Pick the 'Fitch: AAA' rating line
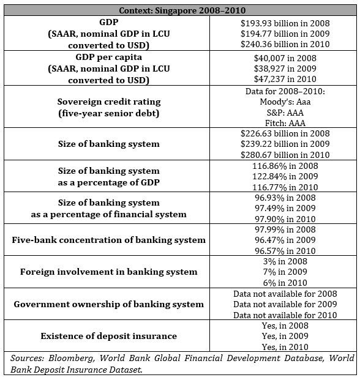click(x=285, y=122)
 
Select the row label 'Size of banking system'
click(x=108, y=144)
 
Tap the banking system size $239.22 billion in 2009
click(x=285, y=144)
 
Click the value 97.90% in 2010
click(x=285, y=218)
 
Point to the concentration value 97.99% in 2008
click(x=285, y=229)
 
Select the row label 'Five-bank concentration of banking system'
click(x=108, y=240)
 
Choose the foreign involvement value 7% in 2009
click(x=285, y=272)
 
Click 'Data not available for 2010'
click(x=285, y=315)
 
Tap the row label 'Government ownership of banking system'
click(x=108, y=304)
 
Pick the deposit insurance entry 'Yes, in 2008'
click(x=285, y=326)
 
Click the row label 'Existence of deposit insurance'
click(x=108, y=336)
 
